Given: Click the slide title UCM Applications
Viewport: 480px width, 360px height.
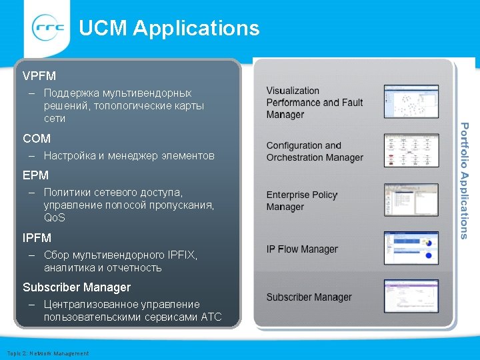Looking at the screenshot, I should pyautogui.click(x=169, y=28).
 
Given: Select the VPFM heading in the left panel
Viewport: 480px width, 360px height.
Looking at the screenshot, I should pyautogui.click(x=39, y=76).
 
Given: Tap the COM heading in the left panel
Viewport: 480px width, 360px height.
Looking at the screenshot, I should pyautogui.click(x=37, y=139).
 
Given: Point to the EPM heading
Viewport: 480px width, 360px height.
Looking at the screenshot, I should pyautogui.click(x=36, y=175).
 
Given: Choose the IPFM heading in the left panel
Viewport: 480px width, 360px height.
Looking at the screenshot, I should pyautogui.click(x=37, y=238).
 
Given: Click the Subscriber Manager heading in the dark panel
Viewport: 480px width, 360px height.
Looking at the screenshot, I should pyautogui.click(x=77, y=287).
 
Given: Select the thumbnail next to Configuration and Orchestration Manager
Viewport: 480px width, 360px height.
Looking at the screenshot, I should pyautogui.click(x=411, y=150).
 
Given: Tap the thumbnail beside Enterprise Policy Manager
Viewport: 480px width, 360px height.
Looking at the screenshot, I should pyautogui.click(x=411, y=199).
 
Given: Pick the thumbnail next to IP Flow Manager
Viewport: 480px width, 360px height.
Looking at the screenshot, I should pyautogui.click(x=411, y=247).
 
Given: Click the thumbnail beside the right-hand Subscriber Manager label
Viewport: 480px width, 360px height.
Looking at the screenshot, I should pyautogui.click(x=411, y=296).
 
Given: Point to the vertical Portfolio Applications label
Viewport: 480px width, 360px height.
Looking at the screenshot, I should pyautogui.click(x=465, y=181).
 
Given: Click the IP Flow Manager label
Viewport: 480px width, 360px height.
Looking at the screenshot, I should pyautogui.click(x=302, y=249).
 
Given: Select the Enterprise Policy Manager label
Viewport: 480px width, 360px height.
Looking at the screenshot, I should pyautogui.click(x=302, y=201).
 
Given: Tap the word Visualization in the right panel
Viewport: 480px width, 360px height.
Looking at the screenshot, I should pyautogui.click(x=293, y=91).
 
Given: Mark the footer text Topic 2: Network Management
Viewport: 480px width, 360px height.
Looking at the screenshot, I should pyautogui.click(x=47, y=353).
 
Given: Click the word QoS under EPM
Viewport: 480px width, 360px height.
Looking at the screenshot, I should pyautogui.click(x=55, y=218).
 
